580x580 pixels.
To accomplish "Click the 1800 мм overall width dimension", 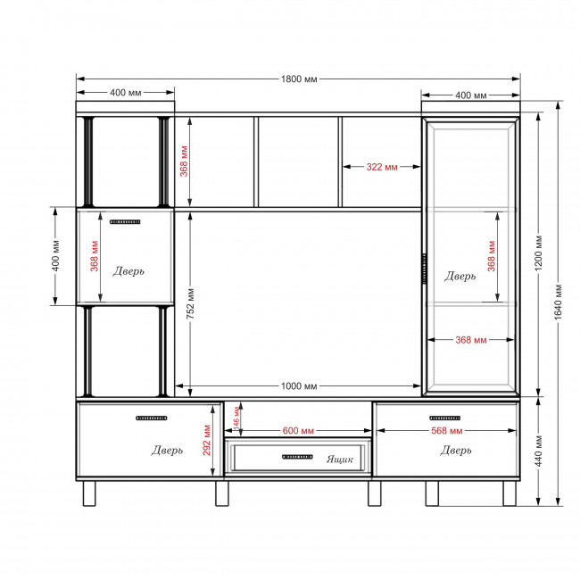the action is pyautogui.click(x=299, y=79).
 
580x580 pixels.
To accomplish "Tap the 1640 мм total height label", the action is pyautogui.click(x=559, y=302).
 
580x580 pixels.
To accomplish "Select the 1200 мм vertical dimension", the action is pyautogui.click(x=539, y=253).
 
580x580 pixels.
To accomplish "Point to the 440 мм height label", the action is pyautogui.click(x=539, y=451).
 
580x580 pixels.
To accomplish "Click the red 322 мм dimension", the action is pyautogui.click(x=382, y=167).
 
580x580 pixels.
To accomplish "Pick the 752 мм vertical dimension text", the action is pyautogui.click(x=190, y=303).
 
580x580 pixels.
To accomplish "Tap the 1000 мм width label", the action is pyautogui.click(x=299, y=386).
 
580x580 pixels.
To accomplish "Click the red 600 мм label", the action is pyautogui.click(x=298, y=431).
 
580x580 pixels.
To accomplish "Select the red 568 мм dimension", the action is pyautogui.click(x=447, y=431).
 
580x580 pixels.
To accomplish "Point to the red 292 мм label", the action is pyautogui.click(x=206, y=440).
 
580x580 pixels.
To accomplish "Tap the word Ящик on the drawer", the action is pyautogui.click(x=340, y=460).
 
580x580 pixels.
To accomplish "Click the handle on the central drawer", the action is pyautogui.click(x=297, y=457).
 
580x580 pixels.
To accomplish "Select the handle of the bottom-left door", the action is pyautogui.click(x=152, y=418).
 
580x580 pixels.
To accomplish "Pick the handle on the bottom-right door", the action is pyautogui.click(x=445, y=418).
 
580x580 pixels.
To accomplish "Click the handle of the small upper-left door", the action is pyautogui.click(x=125, y=222).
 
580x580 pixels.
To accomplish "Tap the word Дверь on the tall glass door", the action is pyautogui.click(x=460, y=276).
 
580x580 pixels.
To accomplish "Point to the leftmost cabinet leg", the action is pyautogui.click(x=89, y=493).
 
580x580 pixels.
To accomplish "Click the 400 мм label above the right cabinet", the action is pyautogui.click(x=471, y=95).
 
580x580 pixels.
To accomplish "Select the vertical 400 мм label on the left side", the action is pyautogui.click(x=55, y=255).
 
